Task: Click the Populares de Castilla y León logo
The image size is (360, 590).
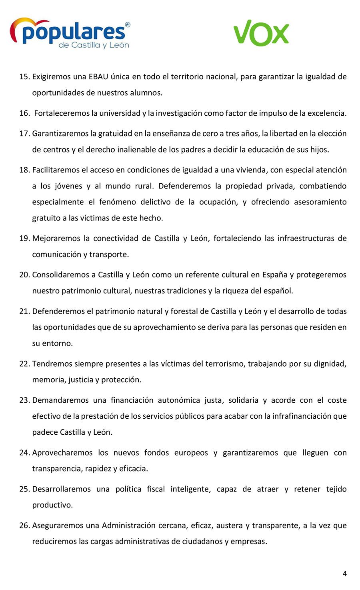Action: click(70, 34)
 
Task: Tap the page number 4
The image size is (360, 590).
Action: click(344, 574)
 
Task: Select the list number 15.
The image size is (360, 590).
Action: click(24, 77)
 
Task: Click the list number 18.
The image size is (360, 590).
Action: click(24, 170)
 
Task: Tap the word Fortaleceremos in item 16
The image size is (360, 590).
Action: click(62, 113)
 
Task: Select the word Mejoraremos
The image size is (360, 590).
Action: click(56, 239)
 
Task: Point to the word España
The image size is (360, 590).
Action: click(275, 275)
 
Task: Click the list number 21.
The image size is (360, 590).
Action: click(24, 311)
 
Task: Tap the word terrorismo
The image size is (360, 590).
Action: click(225, 364)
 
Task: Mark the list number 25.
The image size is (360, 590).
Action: click(24, 489)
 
